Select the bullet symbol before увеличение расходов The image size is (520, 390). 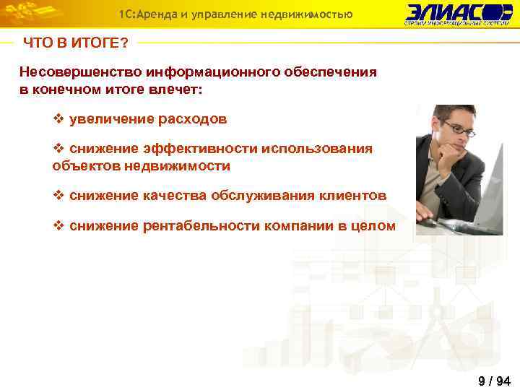coord(59,118)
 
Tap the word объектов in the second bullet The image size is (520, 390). coord(84,166)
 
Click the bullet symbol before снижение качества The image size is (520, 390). coord(59,196)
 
